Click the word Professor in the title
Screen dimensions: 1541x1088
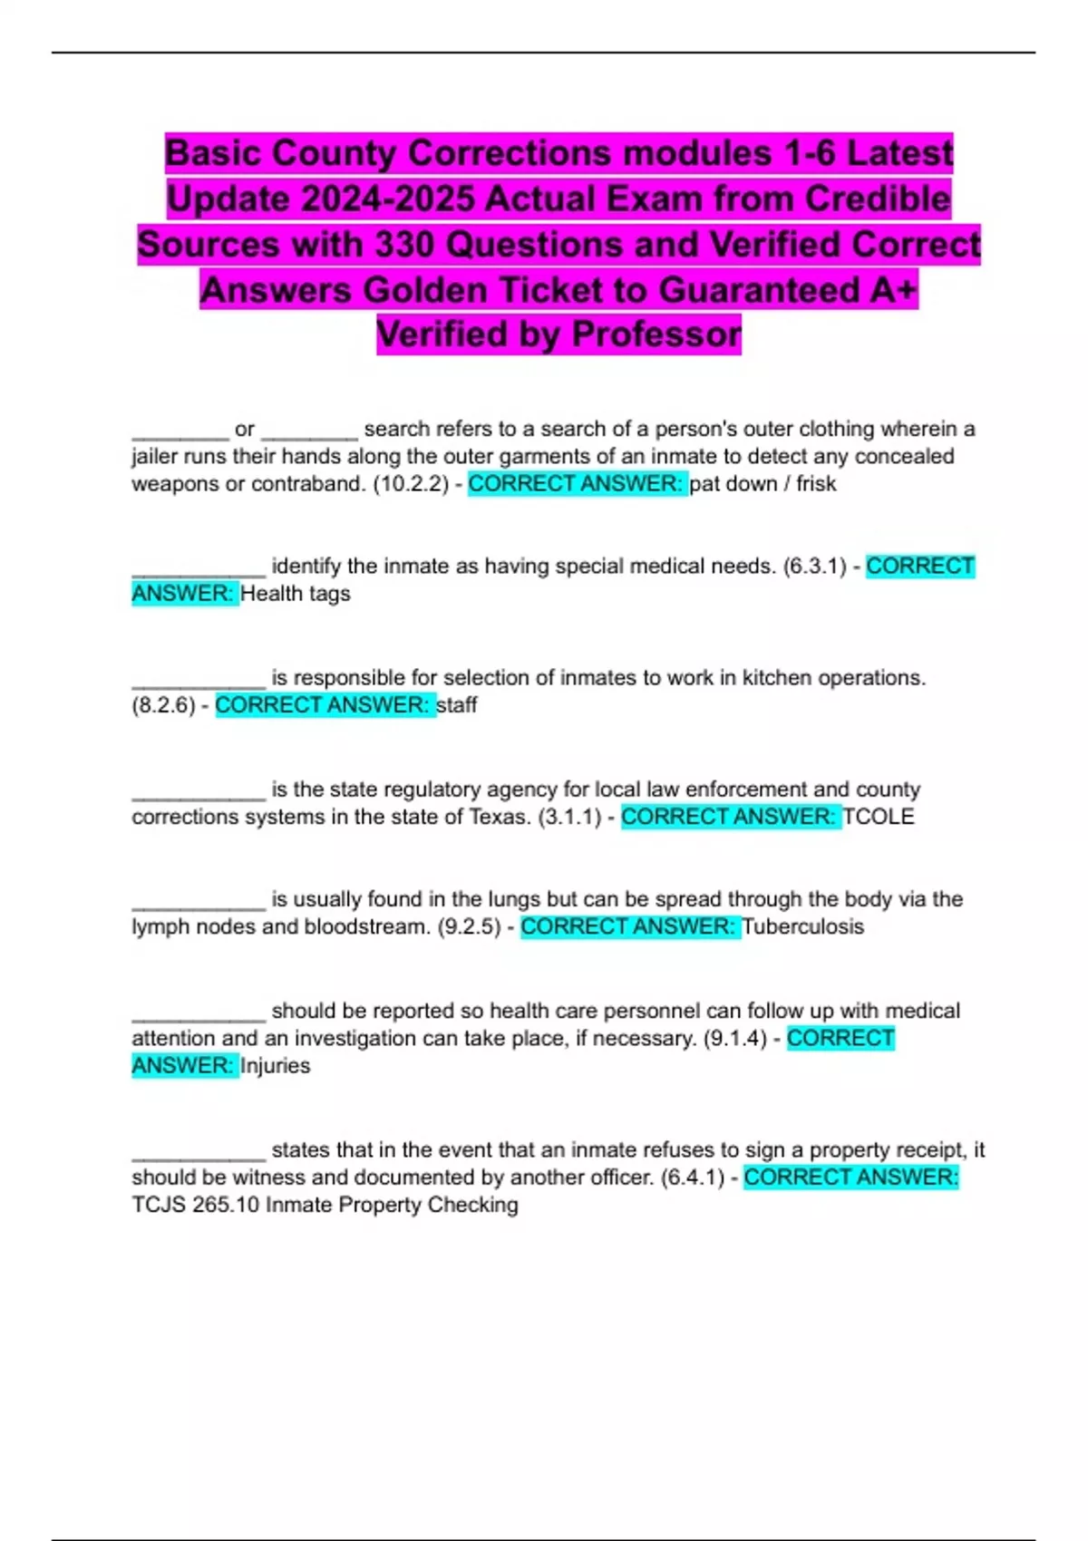click(x=656, y=334)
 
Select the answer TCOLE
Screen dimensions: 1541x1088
click(x=878, y=817)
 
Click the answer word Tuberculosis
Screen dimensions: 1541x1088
click(x=803, y=926)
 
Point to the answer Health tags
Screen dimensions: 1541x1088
click(x=296, y=594)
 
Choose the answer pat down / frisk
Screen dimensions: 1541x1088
click(x=763, y=484)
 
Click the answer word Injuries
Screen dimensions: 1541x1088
click(x=276, y=1066)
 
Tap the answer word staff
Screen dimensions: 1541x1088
click(x=457, y=705)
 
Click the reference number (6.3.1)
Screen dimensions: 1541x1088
click(x=815, y=567)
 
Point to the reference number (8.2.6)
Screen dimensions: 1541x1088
click(x=163, y=705)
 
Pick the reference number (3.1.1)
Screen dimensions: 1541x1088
click(x=569, y=817)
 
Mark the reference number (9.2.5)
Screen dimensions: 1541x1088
click(x=469, y=926)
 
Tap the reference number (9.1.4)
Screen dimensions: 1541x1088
click(x=735, y=1038)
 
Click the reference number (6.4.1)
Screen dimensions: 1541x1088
click(x=693, y=1178)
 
